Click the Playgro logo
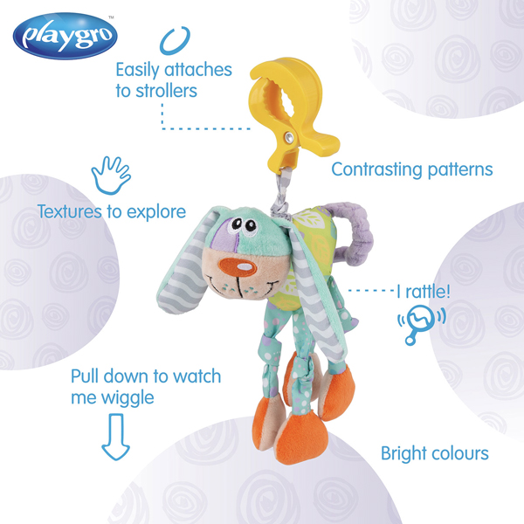65,36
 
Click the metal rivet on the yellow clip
289,137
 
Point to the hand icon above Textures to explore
111,176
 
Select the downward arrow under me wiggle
115,437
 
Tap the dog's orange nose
238,266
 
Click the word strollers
166,91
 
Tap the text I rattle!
424,292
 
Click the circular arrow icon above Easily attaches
175,41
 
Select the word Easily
137,71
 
